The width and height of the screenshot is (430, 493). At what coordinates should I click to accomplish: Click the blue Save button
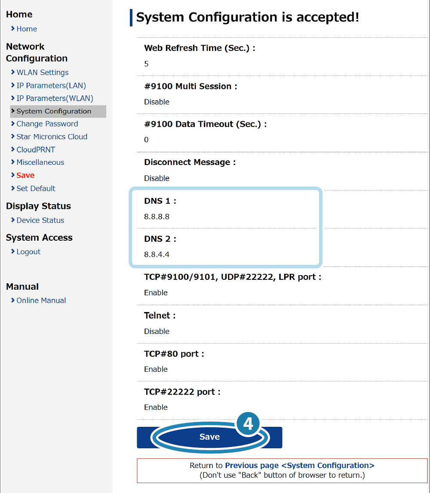pyautogui.click(x=209, y=437)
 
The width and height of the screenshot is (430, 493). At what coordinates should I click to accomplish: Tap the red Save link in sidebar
pyautogui.click(x=25, y=175)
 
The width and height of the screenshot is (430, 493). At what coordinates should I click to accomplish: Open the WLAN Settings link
pyautogui.click(x=43, y=73)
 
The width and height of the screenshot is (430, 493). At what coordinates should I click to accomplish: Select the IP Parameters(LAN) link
pyautogui.click(x=51, y=86)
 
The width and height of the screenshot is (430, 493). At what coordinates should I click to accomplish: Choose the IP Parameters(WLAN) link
pyautogui.click(x=55, y=98)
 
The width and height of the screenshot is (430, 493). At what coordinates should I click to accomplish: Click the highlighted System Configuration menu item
pyautogui.click(x=58, y=111)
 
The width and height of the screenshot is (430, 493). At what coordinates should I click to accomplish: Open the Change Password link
pyautogui.click(x=47, y=124)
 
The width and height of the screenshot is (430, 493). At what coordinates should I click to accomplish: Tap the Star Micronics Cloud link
pyautogui.click(x=52, y=137)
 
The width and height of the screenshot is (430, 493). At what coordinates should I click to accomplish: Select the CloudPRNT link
pyautogui.click(x=36, y=150)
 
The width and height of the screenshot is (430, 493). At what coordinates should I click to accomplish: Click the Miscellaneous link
pyautogui.click(x=40, y=162)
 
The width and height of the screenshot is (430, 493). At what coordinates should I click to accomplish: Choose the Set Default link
pyautogui.click(x=36, y=189)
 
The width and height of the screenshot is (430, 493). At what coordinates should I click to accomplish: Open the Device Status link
pyautogui.click(x=40, y=220)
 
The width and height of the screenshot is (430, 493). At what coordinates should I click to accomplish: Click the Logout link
pyautogui.click(x=28, y=252)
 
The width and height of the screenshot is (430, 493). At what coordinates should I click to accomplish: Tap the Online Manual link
pyautogui.click(x=41, y=300)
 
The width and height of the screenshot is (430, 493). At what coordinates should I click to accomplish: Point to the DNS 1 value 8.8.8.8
pyautogui.click(x=157, y=217)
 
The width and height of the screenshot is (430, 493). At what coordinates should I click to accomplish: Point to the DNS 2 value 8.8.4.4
pyautogui.click(x=157, y=254)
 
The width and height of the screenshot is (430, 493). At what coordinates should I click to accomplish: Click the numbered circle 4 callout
pyautogui.click(x=248, y=424)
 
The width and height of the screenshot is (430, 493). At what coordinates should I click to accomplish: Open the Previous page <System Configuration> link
pyautogui.click(x=300, y=465)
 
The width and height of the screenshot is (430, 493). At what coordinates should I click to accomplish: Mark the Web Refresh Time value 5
pyautogui.click(x=146, y=64)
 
